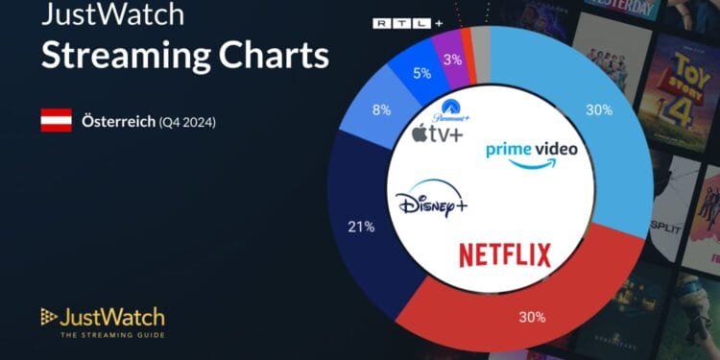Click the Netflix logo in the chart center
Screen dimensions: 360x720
[505, 255]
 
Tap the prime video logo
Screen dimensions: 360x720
[532, 154]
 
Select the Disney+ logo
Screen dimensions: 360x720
[431, 203]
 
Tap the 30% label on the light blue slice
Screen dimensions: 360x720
[599, 109]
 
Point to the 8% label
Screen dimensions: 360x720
[382, 109]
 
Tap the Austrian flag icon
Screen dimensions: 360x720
[56, 121]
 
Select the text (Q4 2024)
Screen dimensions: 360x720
[187, 122]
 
